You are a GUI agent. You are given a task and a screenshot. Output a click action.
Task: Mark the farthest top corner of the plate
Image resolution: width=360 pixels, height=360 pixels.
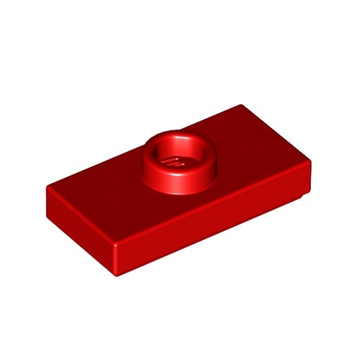[x=240, y=107]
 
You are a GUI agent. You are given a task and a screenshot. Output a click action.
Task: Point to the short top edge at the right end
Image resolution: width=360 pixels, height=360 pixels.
[x=277, y=135]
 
